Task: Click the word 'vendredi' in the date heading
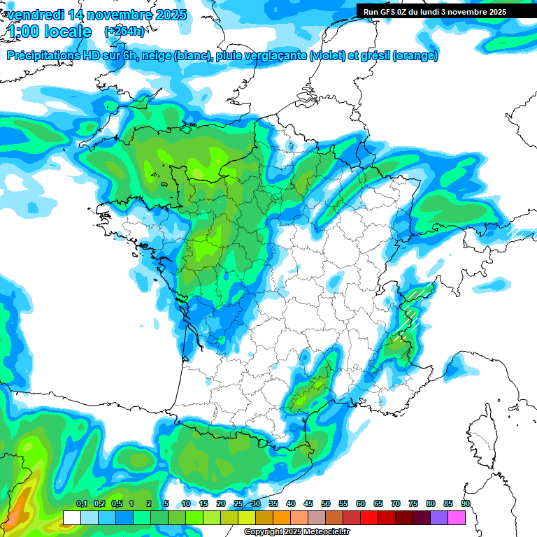[x=35, y=14]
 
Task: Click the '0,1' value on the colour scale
[x=81, y=503]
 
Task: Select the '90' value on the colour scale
[x=465, y=503]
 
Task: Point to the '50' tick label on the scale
[x=326, y=503]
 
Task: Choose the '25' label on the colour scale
[x=238, y=503]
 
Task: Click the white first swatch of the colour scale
[x=71, y=517]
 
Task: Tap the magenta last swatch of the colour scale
[x=457, y=517]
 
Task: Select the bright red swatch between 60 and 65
[x=369, y=517]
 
